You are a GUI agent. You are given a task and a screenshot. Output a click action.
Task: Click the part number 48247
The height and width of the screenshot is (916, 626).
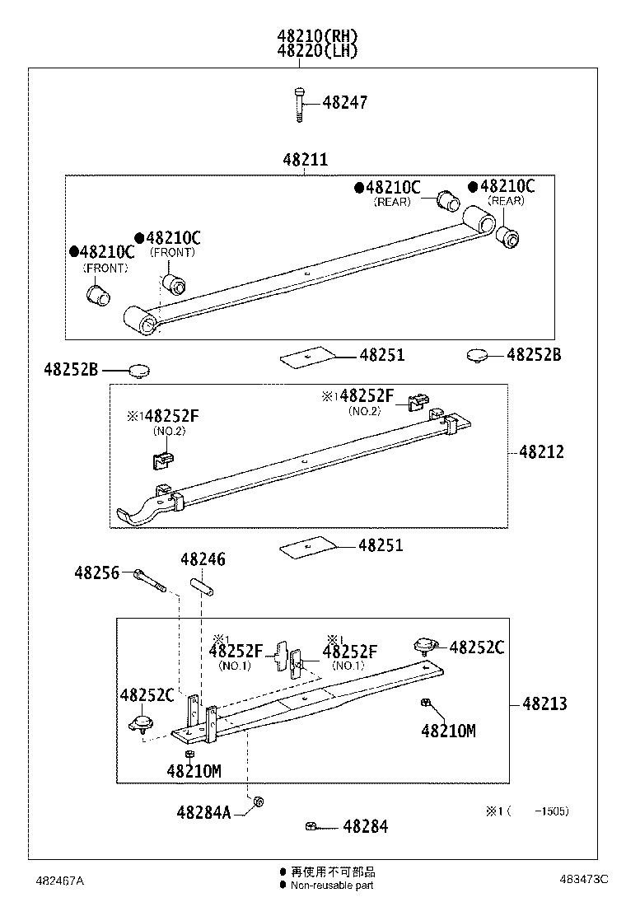coord(344,103)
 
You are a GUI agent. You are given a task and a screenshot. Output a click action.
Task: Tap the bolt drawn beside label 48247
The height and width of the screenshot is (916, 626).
coord(298,104)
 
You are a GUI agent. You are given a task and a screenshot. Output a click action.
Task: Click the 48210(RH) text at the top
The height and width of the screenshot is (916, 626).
coord(318,36)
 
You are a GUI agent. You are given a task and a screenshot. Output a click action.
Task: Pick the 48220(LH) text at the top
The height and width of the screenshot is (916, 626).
coord(318,50)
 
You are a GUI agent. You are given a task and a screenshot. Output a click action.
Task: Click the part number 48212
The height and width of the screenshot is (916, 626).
coord(541,452)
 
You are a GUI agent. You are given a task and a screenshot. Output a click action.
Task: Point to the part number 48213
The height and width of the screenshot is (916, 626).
coord(544,704)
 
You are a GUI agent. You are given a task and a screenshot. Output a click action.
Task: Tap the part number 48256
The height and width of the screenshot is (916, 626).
coord(96,572)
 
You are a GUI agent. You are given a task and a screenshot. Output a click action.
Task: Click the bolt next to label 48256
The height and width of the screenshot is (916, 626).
coord(149,580)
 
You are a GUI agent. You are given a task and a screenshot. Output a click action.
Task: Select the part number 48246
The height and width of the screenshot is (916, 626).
coord(203,560)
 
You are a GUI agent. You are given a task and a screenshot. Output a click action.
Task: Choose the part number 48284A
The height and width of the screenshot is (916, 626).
coord(203,811)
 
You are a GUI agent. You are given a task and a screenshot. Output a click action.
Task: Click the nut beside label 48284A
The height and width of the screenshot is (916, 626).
coord(258,801)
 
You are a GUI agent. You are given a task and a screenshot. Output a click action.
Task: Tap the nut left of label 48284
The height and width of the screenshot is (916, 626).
coord(311,826)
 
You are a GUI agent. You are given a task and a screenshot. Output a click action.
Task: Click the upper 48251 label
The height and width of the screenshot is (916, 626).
coord(381,356)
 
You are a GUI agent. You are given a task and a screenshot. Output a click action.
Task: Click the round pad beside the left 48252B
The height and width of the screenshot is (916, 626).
coord(138,370)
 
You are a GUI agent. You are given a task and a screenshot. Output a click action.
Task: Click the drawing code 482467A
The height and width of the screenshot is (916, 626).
coord(59,881)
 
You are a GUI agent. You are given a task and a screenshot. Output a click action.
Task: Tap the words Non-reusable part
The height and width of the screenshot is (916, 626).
coord(332,886)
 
